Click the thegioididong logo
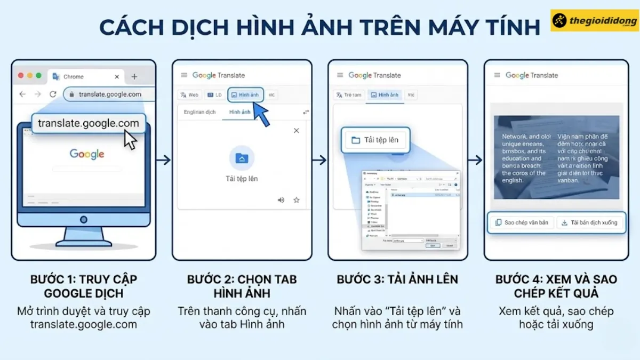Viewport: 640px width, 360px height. [594, 21]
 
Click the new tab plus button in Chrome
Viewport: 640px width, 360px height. [134, 76]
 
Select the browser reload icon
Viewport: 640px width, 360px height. [53, 94]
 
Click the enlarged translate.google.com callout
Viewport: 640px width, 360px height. [88, 124]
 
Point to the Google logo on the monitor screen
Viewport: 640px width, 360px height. [87, 154]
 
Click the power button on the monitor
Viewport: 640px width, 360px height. [83, 219]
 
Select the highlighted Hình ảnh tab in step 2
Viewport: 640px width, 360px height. [245, 95]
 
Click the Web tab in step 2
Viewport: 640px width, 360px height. [189, 95]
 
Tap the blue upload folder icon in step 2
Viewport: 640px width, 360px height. [242, 158]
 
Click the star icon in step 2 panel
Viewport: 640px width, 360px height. [297, 200]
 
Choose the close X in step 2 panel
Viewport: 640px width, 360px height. [297, 131]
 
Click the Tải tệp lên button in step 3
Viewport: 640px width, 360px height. [374, 140]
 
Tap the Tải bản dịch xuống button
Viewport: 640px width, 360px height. [589, 222]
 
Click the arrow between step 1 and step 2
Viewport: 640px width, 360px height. [164, 160]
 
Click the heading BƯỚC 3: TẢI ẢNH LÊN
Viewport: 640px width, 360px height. [397, 279]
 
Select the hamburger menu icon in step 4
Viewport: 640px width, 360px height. [497, 75]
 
